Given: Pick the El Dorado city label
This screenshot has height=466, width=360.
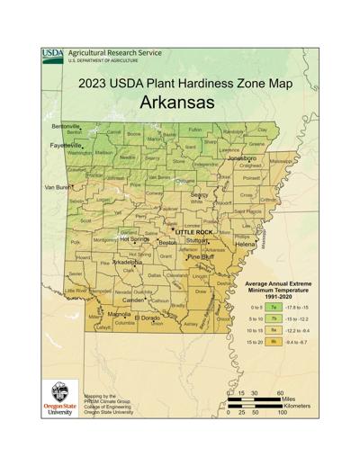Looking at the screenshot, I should (x=148, y=318).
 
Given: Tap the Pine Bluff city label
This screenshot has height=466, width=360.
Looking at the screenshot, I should (x=201, y=256).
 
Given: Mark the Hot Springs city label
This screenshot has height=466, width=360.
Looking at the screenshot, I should (x=134, y=239).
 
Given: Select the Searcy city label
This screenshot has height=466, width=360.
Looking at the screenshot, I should (x=199, y=194).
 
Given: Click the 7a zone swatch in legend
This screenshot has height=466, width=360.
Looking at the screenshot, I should (x=273, y=308).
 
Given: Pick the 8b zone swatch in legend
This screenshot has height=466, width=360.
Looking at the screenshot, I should (x=273, y=343).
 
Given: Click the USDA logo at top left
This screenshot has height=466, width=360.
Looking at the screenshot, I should (x=52, y=56).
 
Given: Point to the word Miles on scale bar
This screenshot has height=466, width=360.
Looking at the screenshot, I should (x=297, y=403).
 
